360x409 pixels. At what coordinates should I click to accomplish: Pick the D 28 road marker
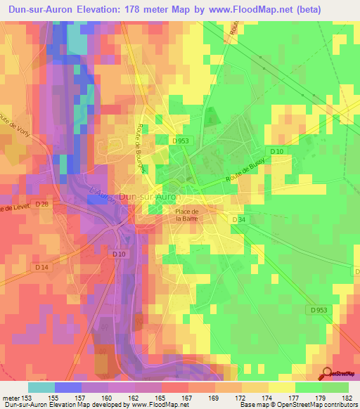(x=43, y=204)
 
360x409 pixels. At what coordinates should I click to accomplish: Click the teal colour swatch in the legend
(x=41, y=387)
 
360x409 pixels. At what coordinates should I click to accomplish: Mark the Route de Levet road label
(x=15, y=208)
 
